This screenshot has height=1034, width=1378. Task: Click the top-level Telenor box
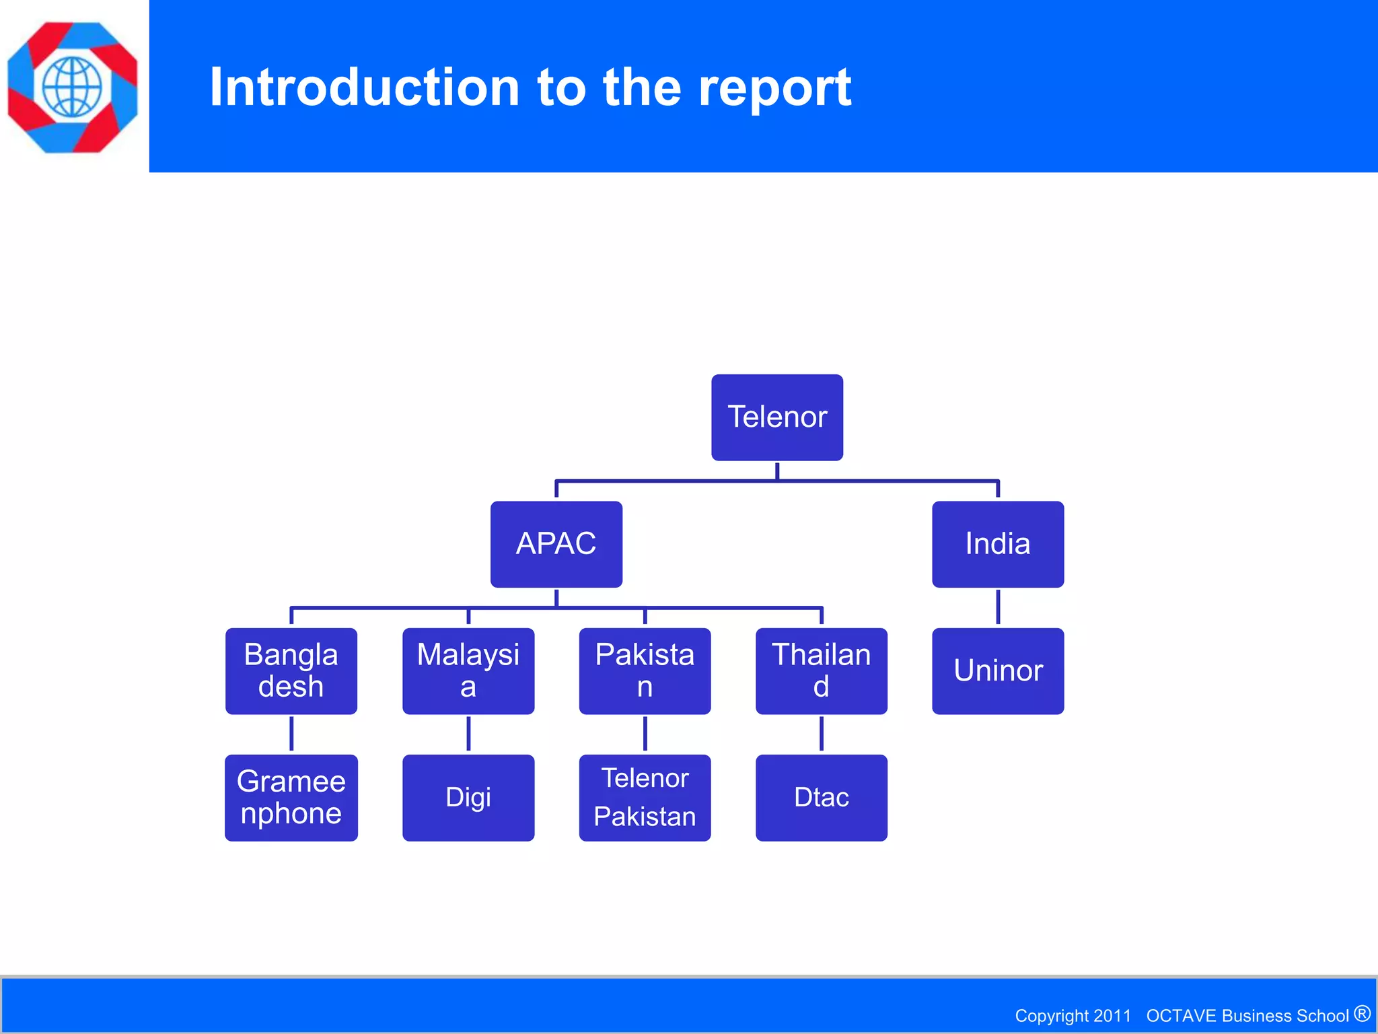click(777, 417)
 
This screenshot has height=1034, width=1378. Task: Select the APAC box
click(556, 544)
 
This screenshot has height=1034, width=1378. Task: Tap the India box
click(998, 544)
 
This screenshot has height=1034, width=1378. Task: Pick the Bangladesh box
click(291, 670)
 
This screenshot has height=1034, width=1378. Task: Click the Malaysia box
click(468, 670)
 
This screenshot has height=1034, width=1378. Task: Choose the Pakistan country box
click(645, 670)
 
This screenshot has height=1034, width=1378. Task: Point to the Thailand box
click(821, 670)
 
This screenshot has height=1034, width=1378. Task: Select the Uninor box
click(998, 670)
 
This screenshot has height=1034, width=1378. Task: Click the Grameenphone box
click(291, 798)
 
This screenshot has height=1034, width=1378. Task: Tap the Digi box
click(468, 798)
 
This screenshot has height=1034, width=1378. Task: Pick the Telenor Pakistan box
click(645, 798)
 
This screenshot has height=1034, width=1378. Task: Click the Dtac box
click(821, 798)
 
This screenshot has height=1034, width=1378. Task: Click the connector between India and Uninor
click(998, 607)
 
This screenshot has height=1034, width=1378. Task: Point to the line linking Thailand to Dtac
click(822, 734)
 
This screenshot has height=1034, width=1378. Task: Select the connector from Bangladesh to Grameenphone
click(291, 734)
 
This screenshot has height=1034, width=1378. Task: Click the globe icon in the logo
click(72, 87)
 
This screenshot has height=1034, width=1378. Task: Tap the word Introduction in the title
click(364, 88)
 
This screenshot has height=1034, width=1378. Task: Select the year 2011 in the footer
click(1112, 1015)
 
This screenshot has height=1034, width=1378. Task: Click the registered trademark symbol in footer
click(1362, 1013)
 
